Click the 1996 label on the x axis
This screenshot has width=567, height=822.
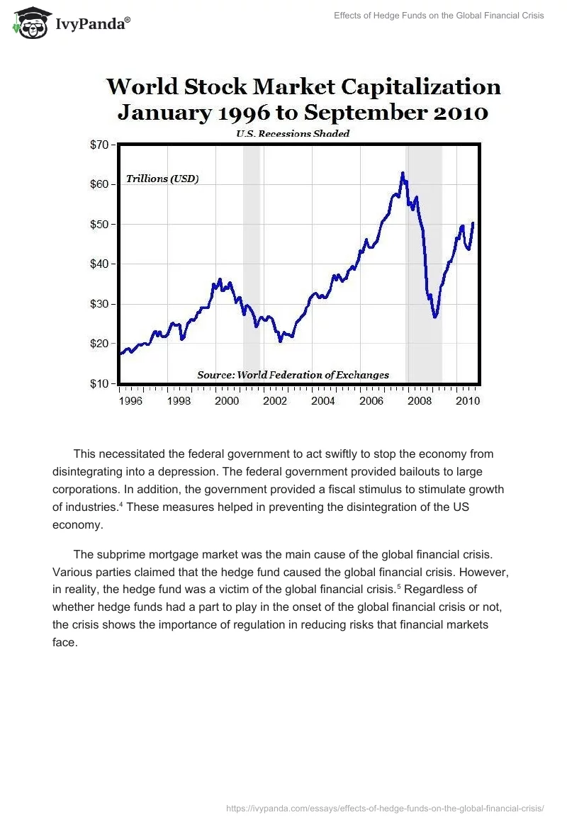pyautogui.click(x=130, y=401)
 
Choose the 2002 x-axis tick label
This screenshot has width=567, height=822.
pyautogui.click(x=275, y=401)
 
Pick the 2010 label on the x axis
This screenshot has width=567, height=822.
pyautogui.click(x=468, y=401)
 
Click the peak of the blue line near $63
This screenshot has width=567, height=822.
pyautogui.click(x=403, y=173)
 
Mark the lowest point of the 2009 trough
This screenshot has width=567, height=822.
pyautogui.click(x=435, y=316)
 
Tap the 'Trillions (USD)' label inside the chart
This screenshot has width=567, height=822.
pyautogui.click(x=162, y=179)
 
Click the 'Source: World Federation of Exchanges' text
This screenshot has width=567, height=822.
pyautogui.click(x=292, y=375)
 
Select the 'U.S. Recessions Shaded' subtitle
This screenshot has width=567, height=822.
pyautogui.click(x=293, y=133)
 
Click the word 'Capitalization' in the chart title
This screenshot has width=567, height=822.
pyautogui.click(x=421, y=87)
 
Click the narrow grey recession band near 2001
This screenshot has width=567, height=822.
pyautogui.click(x=252, y=262)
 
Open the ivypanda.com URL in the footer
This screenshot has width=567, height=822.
pyautogui.click(x=384, y=808)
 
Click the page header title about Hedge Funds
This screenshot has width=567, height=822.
pyautogui.click(x=439, y=16)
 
